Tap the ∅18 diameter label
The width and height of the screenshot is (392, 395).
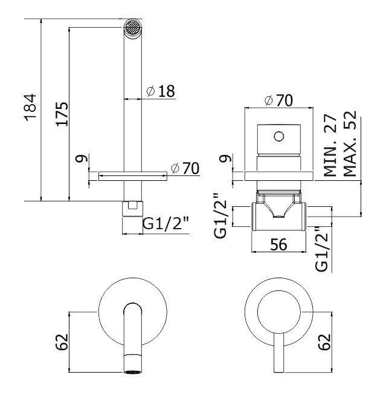pyautogui.click(x=160, y=91)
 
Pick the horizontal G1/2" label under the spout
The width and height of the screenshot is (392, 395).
pyautogui.click(x=165, y=225)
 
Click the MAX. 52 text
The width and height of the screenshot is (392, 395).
pyautogui.click(x=350, y=145)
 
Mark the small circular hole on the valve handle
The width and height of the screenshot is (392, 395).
pyautogui.click(x=279, y=135)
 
